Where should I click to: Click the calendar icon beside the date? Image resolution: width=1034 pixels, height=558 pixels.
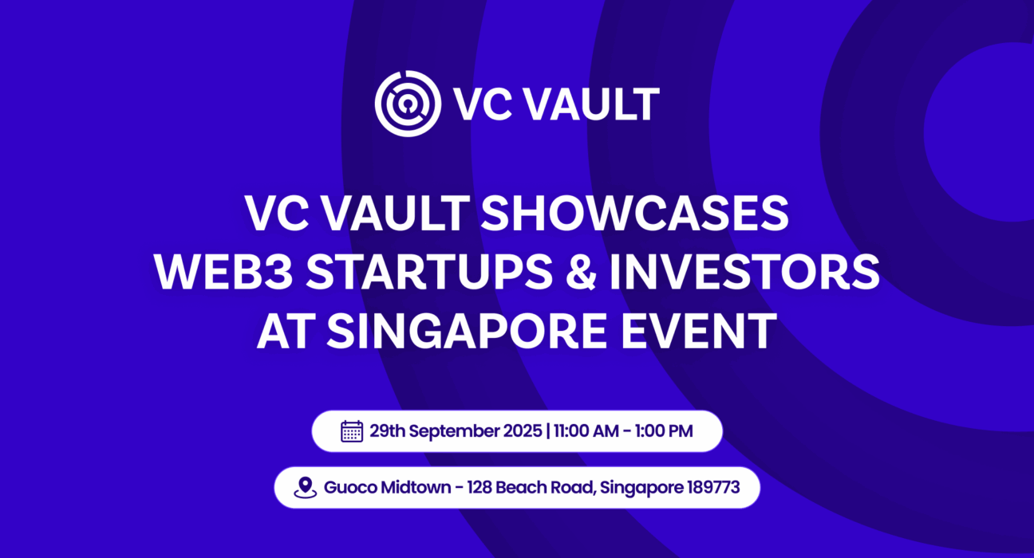click(x=352, y=431)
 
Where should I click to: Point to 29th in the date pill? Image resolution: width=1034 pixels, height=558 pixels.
click(x=386, y=431)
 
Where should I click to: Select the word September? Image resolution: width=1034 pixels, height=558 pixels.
click(x=452, y=432)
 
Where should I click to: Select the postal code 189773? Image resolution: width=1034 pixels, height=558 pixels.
click(x=713, y=487)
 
